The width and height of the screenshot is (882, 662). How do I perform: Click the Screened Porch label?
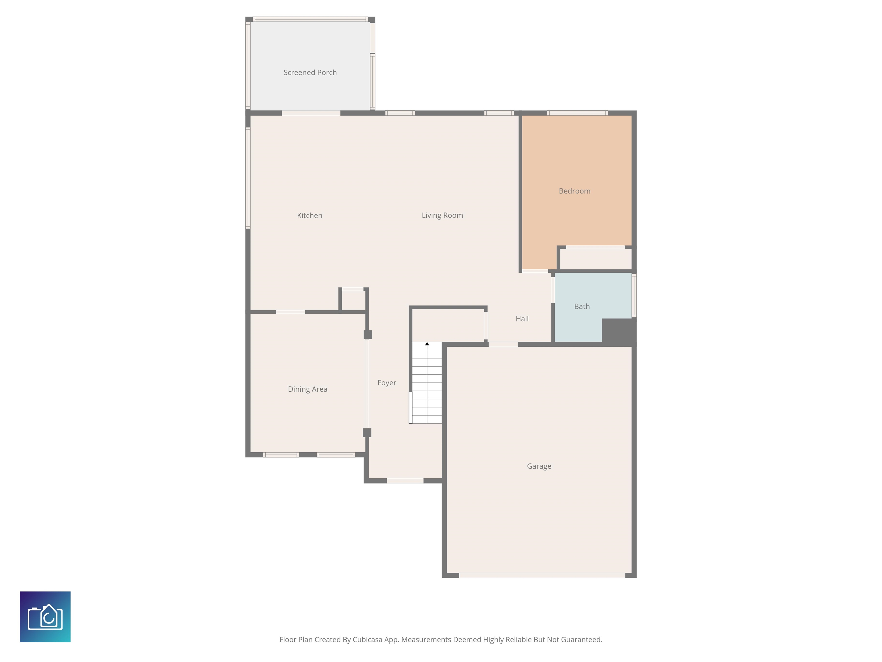(310, 73)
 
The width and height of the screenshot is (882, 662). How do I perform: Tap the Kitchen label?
(310, 215)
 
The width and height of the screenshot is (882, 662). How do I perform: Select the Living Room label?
(442, 215)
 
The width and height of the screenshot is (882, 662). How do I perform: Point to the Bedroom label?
(575, 191)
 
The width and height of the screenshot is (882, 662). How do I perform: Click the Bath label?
(582, 307)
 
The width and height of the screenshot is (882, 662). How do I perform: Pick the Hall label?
(522, 319)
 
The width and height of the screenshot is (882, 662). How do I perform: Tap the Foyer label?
(387, 383)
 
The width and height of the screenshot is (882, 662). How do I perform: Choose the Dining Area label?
(307, 389)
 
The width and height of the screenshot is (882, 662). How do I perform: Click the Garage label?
(539, 466)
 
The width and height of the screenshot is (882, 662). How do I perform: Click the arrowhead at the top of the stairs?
(427, 344)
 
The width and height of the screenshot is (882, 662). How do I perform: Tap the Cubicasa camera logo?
(45, 617)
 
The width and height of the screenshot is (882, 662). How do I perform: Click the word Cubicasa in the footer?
(367, 640)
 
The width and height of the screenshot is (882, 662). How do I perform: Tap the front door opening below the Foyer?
(405, 481)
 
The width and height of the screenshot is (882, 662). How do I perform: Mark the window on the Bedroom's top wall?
(577, 113)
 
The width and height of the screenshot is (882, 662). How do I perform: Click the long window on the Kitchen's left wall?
(247, 178)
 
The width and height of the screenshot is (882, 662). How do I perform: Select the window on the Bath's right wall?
(634, 295)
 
